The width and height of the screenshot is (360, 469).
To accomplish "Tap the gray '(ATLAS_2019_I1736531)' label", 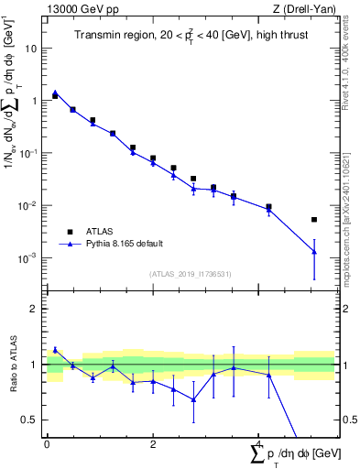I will pos(190,274).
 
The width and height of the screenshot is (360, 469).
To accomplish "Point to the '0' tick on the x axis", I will pos(47,442).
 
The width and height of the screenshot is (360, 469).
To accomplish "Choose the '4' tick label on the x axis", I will pos(260,442).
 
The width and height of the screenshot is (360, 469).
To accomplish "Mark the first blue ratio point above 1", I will pos(55,349).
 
